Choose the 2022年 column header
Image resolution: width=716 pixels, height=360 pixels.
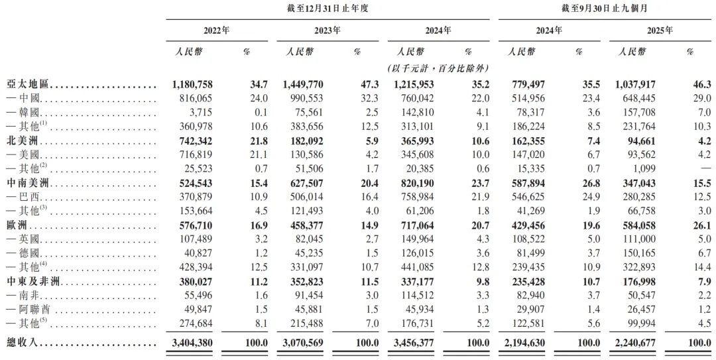tap(216, 30)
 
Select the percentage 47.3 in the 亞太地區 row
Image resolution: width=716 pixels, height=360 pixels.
tap(369, 86)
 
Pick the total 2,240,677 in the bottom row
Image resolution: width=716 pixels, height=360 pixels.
tap(636, 343)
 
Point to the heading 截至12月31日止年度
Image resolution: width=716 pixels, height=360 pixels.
tap(327, 9)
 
